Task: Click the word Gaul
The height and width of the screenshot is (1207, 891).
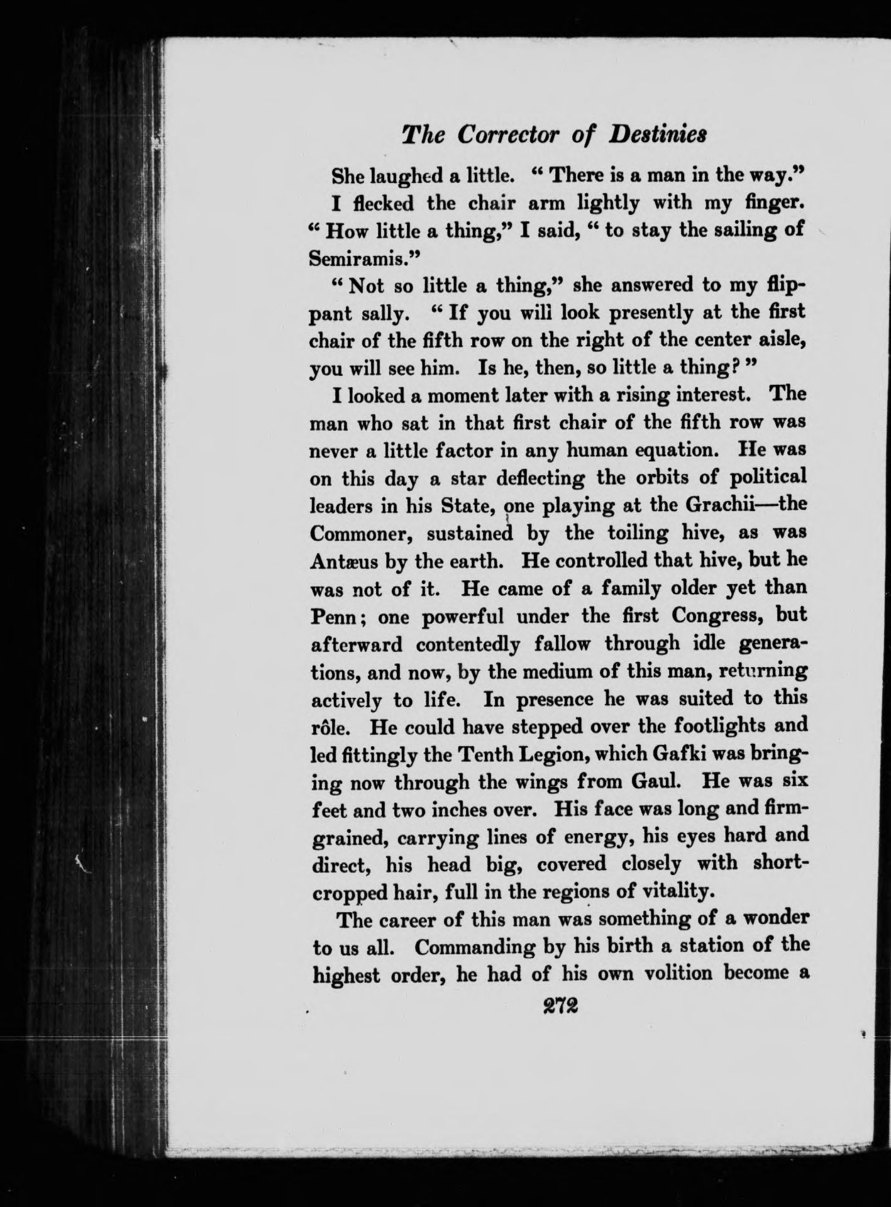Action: tap(661, 781)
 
